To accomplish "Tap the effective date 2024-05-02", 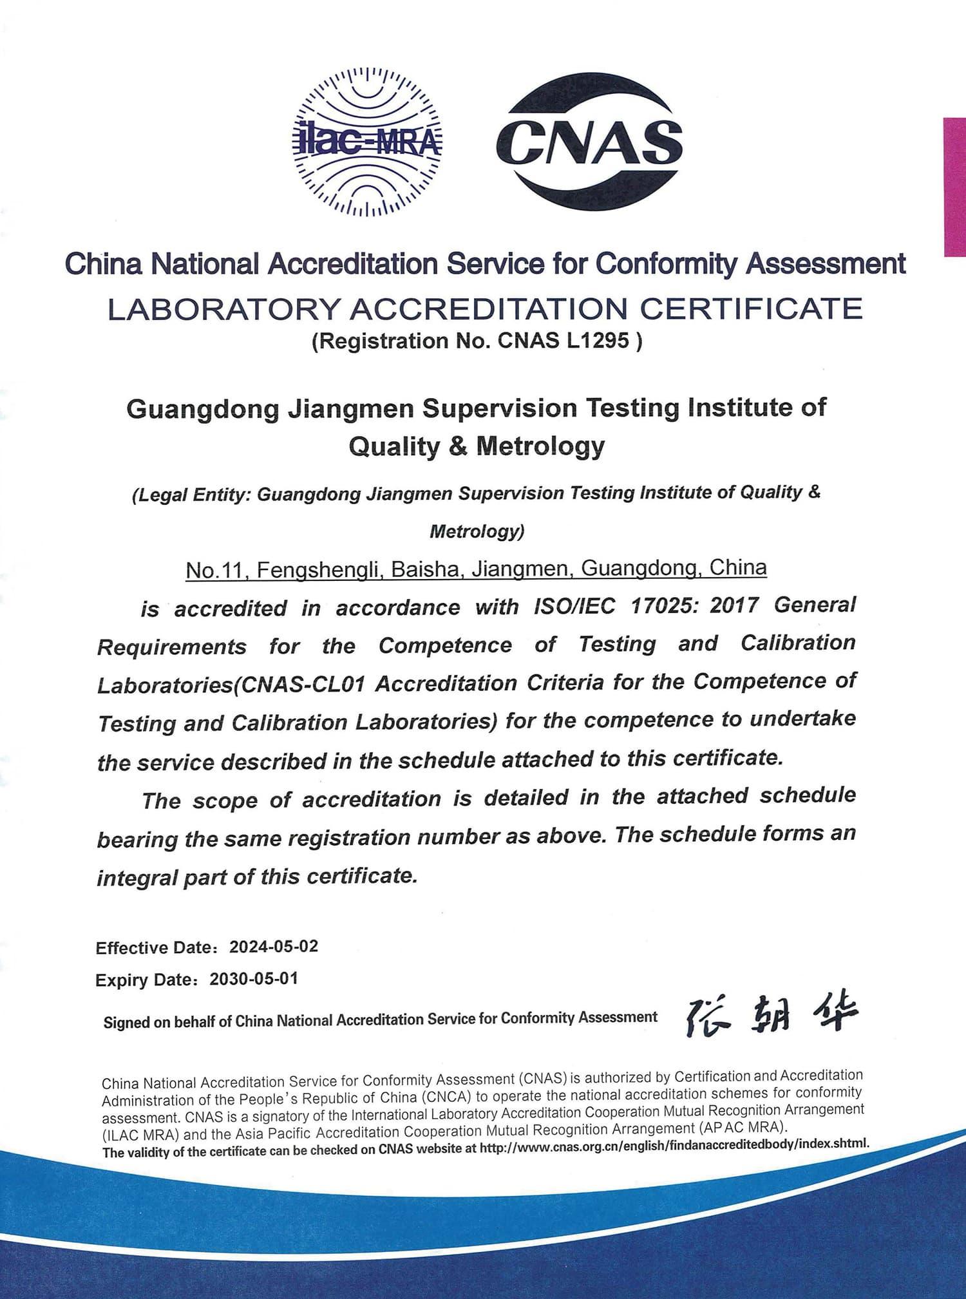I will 274,946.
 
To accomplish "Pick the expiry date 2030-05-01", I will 254,979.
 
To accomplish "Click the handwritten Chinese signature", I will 772,1018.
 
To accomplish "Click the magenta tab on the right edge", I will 954,187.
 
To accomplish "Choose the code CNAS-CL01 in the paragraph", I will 303,684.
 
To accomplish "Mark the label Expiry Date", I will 144,980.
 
